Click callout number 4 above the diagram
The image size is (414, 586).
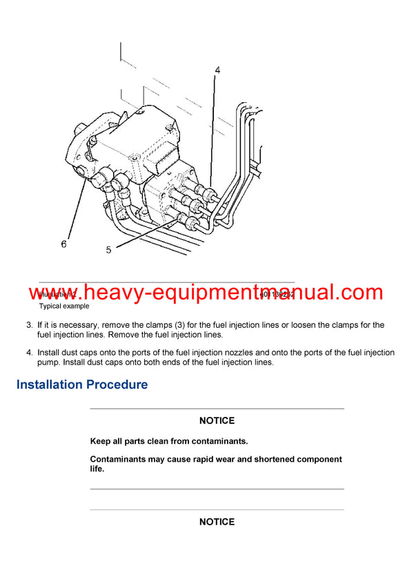coord(217,70)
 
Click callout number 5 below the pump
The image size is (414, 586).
coord(108,250)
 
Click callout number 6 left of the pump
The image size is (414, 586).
coord(64,244)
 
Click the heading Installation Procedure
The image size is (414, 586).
coord(82,384)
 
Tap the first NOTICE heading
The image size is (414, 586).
coord(217,420)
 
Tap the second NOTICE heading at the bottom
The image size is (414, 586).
coord(217,522)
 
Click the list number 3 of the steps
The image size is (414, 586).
coord(29,325)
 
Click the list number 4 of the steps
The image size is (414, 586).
coord(29,353)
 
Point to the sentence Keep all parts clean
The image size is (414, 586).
coord(168,440)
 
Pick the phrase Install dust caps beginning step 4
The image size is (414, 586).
coord(70,353)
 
